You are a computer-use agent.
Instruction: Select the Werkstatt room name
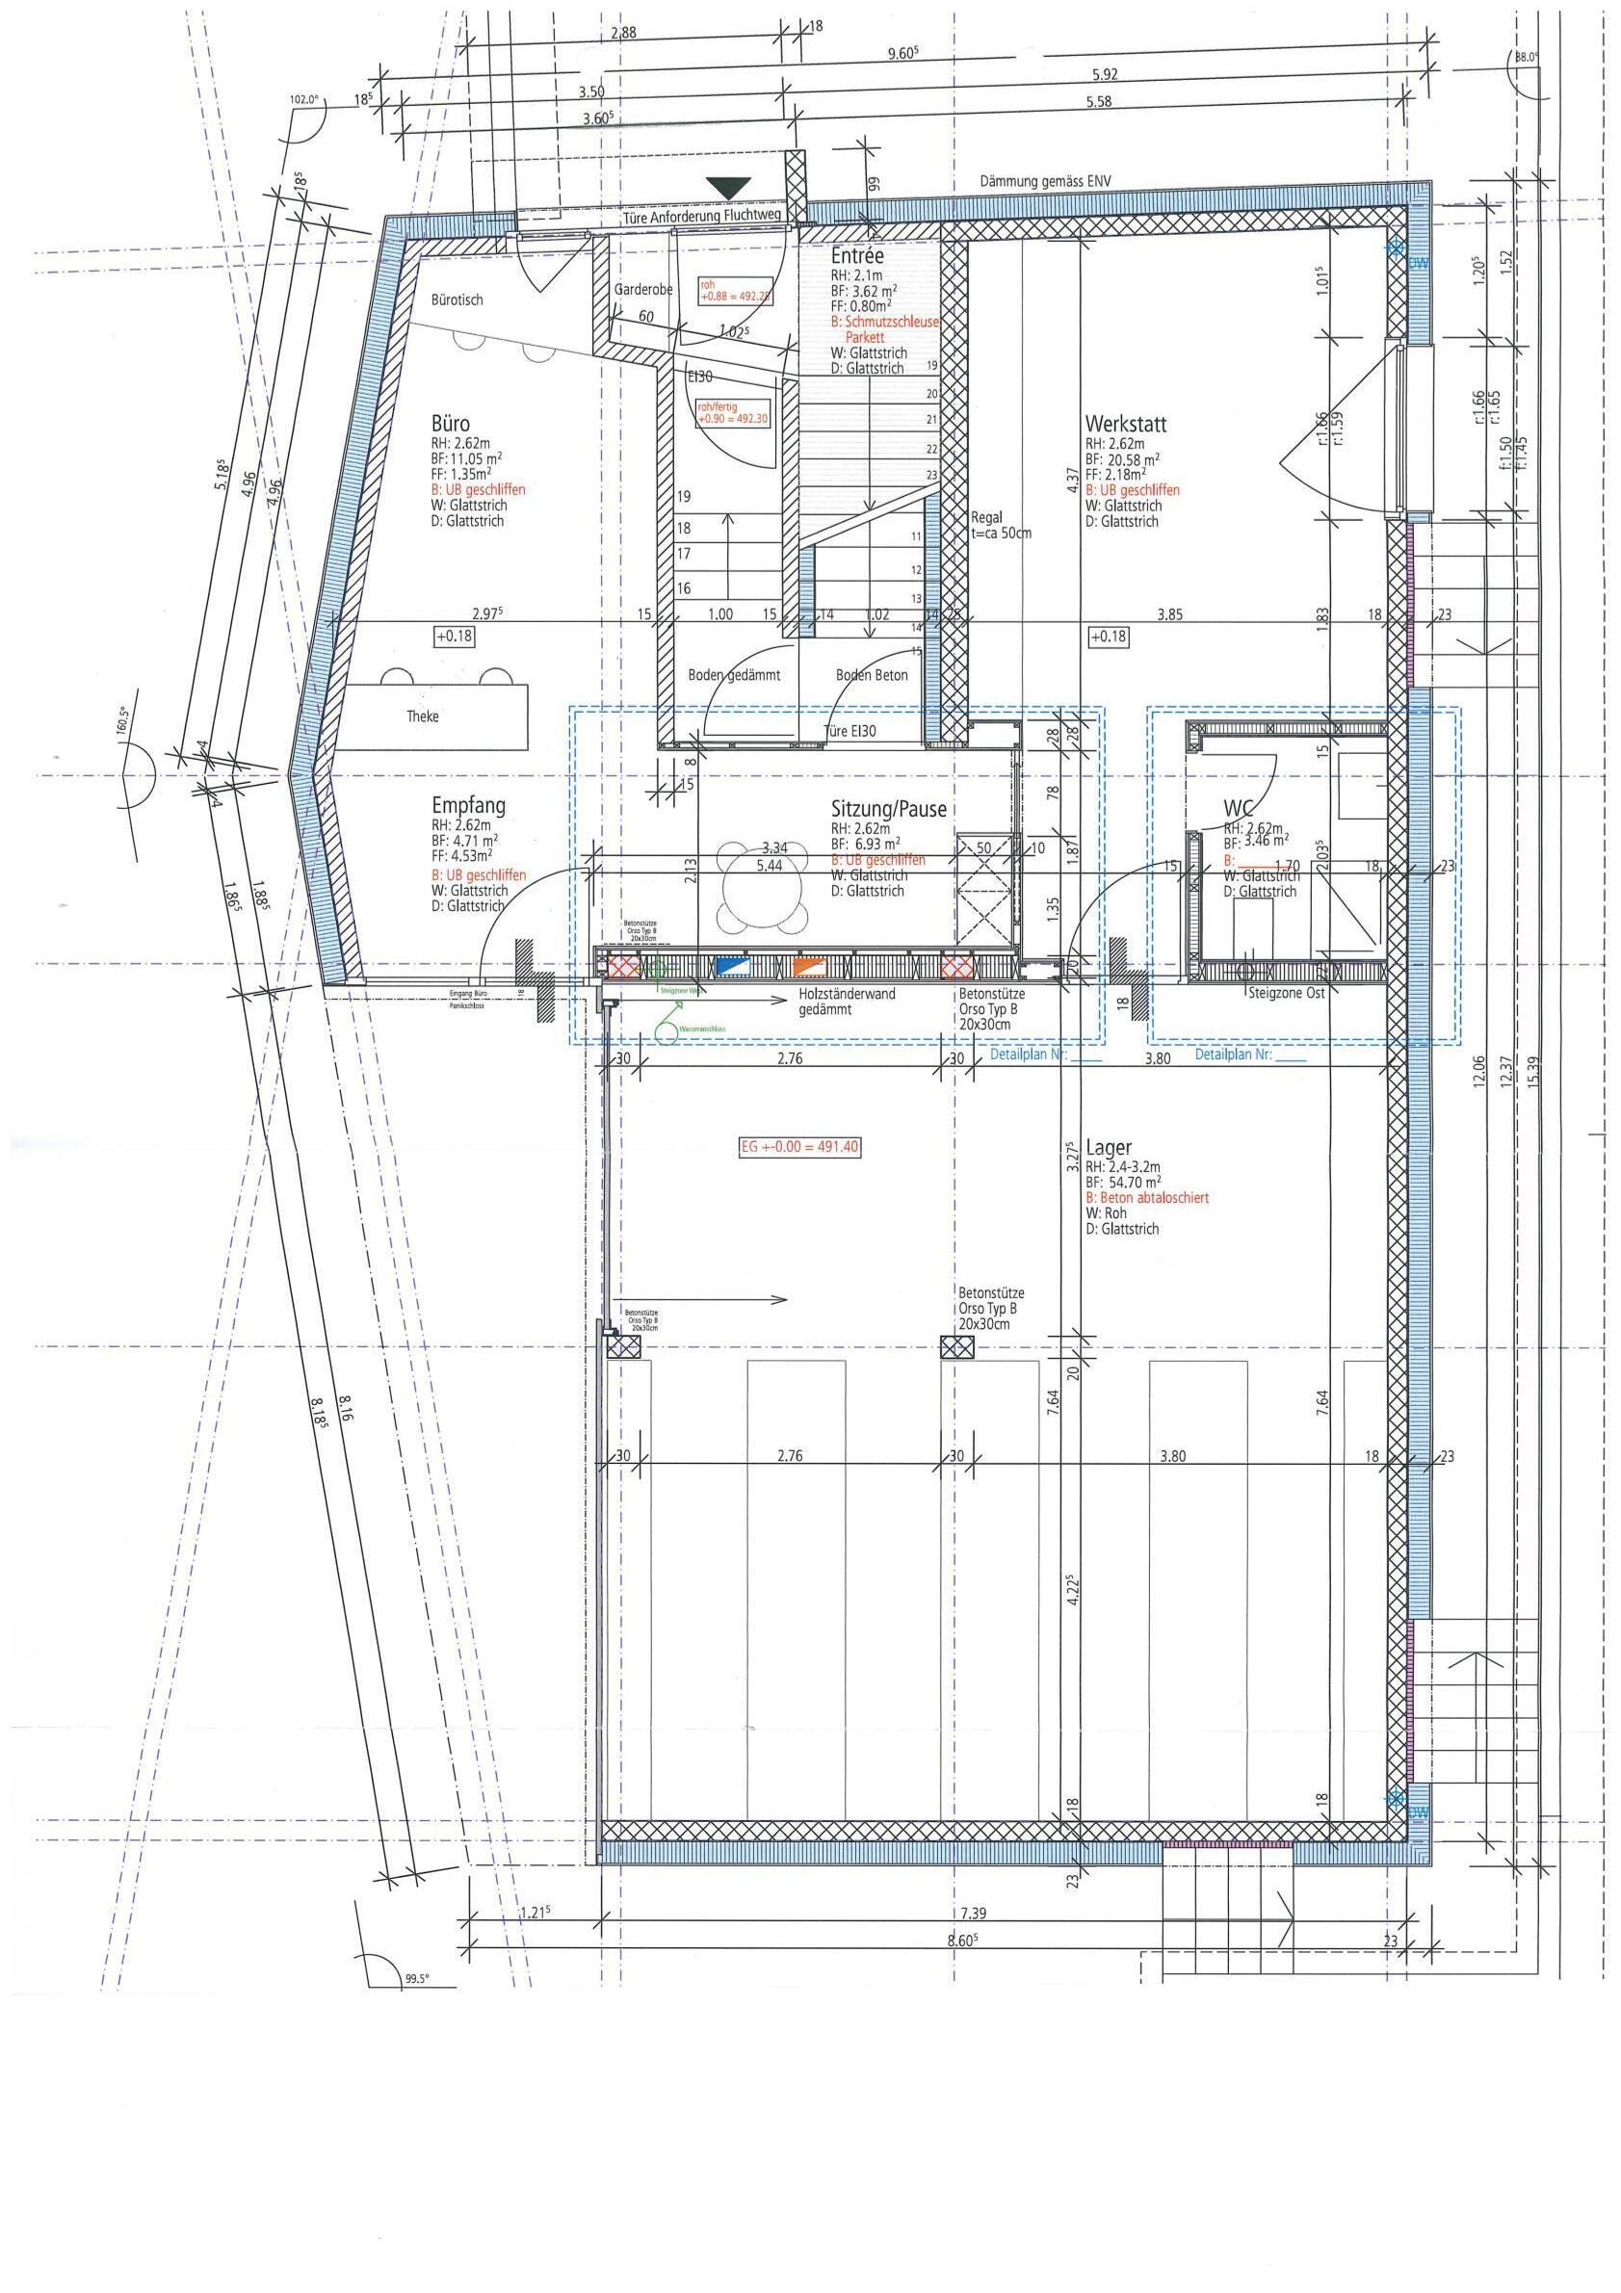[1126, 425]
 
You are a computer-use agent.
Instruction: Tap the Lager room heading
[1108, 1149]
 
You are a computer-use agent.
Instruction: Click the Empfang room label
[467, 805]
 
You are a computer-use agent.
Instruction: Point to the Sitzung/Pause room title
[887, 809]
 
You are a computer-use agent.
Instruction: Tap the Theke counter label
[423, 717]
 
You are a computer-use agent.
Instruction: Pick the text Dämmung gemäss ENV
[1045, 182]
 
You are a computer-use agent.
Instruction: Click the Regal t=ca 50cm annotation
[1001, 525]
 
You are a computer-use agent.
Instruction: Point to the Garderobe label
[642, 290]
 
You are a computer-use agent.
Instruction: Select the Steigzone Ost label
[1286, 994]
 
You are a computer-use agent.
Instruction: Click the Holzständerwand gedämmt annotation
[846, 1003]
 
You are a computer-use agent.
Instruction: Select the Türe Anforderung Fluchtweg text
[700, 215]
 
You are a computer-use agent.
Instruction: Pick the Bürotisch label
[457, 300]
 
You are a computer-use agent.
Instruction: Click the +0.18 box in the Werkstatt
[1108, 637]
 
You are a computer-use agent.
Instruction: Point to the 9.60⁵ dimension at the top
[902, 54]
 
